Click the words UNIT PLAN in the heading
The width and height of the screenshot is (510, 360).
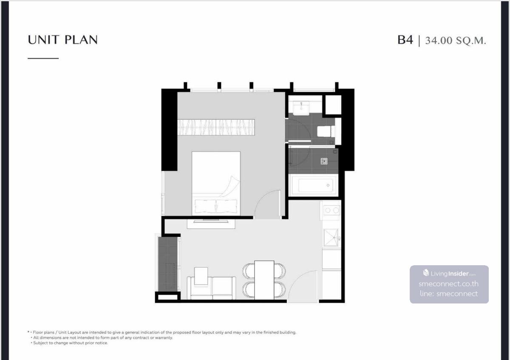[x=62, y=40]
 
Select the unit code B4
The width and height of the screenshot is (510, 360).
[x=405, y=40]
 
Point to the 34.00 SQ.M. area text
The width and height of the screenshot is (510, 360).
[x=456, y=40]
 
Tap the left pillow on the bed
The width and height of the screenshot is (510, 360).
[x=205, y=206]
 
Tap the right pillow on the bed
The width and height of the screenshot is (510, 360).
[x=227, y=206]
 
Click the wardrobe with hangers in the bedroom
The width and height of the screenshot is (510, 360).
[x=216, y=127]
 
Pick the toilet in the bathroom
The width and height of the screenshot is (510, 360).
[x=326, y=131]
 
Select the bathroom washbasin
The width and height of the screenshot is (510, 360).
[x=301, y=108]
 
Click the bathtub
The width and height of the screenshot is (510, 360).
[x=313, y=185]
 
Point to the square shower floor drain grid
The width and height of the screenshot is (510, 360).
[x=324, y=161]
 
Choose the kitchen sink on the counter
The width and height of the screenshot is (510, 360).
[x=331, y=238]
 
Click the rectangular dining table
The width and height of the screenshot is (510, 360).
[x=264, y=280]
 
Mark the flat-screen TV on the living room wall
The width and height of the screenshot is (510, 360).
[x=211, y=221]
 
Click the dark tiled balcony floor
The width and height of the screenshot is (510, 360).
[x=168, y=264]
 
